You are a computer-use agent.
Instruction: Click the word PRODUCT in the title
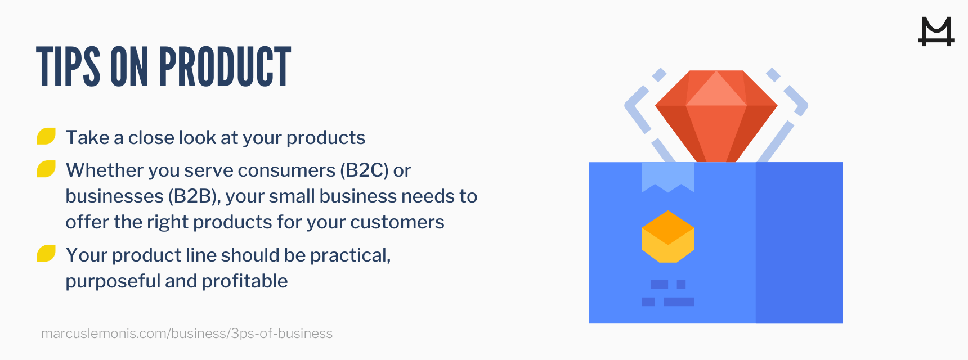225,67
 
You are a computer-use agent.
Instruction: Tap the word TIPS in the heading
68,67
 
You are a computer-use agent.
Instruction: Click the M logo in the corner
936,31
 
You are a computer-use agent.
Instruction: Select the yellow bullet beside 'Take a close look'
46,137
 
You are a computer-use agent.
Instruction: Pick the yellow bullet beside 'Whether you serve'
46,169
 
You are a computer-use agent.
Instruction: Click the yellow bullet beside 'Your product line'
46,254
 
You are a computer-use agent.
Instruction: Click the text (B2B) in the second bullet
194,196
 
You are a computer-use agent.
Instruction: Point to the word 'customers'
397,222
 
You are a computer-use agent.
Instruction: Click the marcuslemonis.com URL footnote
187,334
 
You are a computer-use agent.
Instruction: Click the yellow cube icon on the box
668,237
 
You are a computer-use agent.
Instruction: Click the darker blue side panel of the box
799,242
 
